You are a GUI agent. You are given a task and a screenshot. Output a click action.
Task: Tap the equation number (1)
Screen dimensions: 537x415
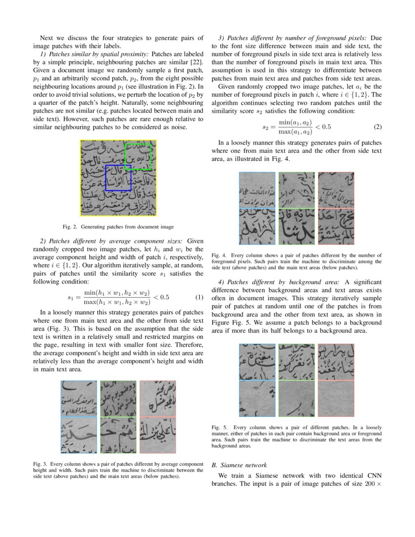coord(199,297)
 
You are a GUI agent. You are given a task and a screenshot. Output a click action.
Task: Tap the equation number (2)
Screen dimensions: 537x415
coord(377,127)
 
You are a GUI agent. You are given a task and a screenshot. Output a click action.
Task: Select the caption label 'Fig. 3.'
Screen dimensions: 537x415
coord(41,463)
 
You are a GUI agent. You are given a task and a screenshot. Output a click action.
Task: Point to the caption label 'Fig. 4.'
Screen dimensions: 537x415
coord(219,255)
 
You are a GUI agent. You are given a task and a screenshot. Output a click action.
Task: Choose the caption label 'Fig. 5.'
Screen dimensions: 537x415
coord(219,427)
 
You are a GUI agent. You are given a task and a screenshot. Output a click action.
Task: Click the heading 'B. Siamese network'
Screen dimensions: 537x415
coord(239,465)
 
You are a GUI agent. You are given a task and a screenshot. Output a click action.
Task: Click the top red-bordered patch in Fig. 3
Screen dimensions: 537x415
coord(158,398)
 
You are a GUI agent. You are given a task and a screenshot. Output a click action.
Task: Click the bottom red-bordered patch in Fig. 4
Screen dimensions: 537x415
coord(336,227)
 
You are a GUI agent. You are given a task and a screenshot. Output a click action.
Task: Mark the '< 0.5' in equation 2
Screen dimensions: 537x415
coord(323,127)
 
